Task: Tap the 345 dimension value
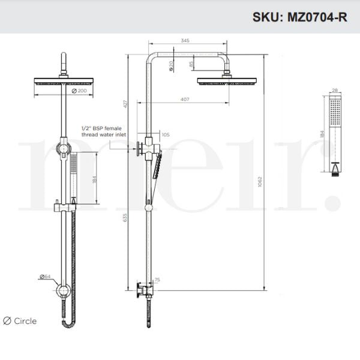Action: point(185,41)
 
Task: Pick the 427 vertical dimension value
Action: point(125,103)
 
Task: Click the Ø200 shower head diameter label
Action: point(79,91)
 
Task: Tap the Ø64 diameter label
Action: point(44,277)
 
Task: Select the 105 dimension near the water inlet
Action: point(165,135)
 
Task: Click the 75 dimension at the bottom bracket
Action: point(157,280)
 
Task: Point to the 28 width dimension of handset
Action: point(335,90)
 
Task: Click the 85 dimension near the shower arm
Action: point(191,64)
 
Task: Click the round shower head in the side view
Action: point(227,80)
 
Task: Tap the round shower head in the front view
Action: point(62,83)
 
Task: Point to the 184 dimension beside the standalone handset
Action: point(322,134)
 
